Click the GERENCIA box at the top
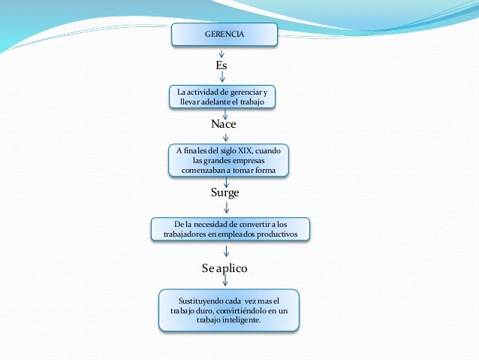pos(224,35)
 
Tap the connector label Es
pos(221,66)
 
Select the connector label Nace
pos(222,123)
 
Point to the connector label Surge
pos(225,192)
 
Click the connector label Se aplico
pos(224,268)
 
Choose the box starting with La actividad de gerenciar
pos(221,96)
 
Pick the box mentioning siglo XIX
pos(227,160)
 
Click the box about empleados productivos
pos(230,229)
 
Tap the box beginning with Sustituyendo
pos(228,309)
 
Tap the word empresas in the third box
pos(249,160)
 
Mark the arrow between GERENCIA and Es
pos(221,53)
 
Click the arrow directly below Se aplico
pos(225,280)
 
